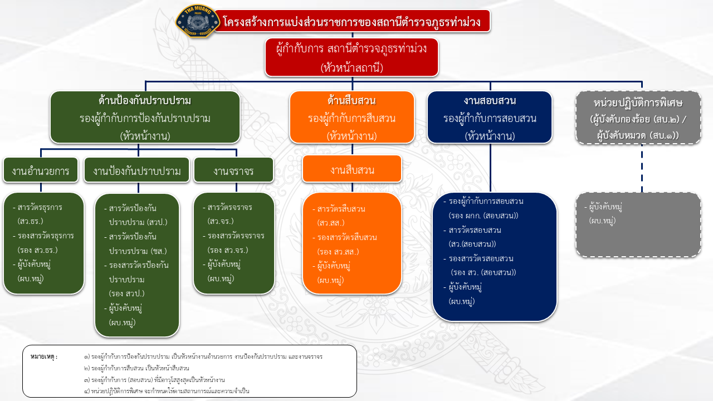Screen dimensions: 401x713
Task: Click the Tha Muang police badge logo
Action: [193, 22]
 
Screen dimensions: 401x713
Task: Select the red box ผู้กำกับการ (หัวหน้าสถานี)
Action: [351, 57]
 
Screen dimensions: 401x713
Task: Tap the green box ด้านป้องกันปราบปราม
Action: [145, 118]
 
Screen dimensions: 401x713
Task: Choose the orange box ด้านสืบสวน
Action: [351, 118]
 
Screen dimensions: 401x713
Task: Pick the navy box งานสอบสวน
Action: [490, 118]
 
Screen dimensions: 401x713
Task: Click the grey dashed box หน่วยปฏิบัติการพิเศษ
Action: [638, 118]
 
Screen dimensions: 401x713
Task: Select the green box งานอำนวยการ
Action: [40, 170]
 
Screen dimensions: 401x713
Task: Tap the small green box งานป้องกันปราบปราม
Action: [136, 170]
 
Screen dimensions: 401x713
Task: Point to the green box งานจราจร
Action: [233, 170]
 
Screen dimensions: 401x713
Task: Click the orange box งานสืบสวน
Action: [351, 169]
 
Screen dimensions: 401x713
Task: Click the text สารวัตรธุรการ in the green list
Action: [40, 208]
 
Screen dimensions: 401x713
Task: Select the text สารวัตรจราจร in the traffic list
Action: [229, 208]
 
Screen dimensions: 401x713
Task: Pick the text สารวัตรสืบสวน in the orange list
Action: [341, 209]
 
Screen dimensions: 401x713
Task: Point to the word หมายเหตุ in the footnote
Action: [45, 356]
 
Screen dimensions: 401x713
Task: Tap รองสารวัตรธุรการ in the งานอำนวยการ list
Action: [46, 236]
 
